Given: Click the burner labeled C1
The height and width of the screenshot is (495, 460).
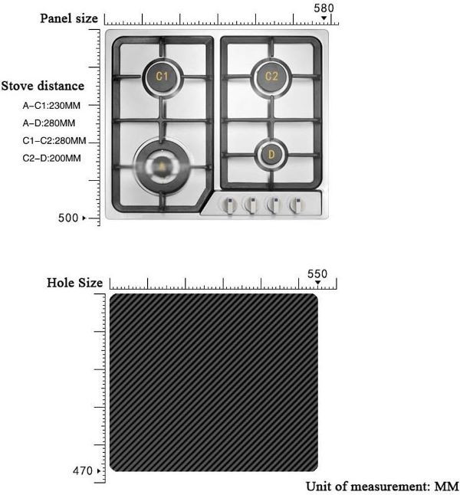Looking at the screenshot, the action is click(x=163, y=77).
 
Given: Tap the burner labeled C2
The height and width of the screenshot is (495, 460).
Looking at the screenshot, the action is click(x=271, y=77).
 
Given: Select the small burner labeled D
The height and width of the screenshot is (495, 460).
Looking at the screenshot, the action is click(x=271, y=154).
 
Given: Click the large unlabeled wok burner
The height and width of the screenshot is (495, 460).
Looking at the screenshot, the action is click(x=162, y=166).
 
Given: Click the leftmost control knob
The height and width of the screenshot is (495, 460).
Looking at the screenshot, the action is click(x=229, y=205).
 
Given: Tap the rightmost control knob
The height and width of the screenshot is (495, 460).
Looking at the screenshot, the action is click(x=297, y=205).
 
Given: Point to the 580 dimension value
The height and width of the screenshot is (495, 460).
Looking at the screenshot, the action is click(x=324, y=8).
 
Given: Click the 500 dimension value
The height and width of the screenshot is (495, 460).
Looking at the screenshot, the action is click(x=68, y=218).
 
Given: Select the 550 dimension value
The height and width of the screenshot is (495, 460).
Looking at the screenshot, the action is click(x=317, y=274).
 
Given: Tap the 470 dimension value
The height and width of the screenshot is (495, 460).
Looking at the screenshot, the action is click(x=83, y=470).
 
